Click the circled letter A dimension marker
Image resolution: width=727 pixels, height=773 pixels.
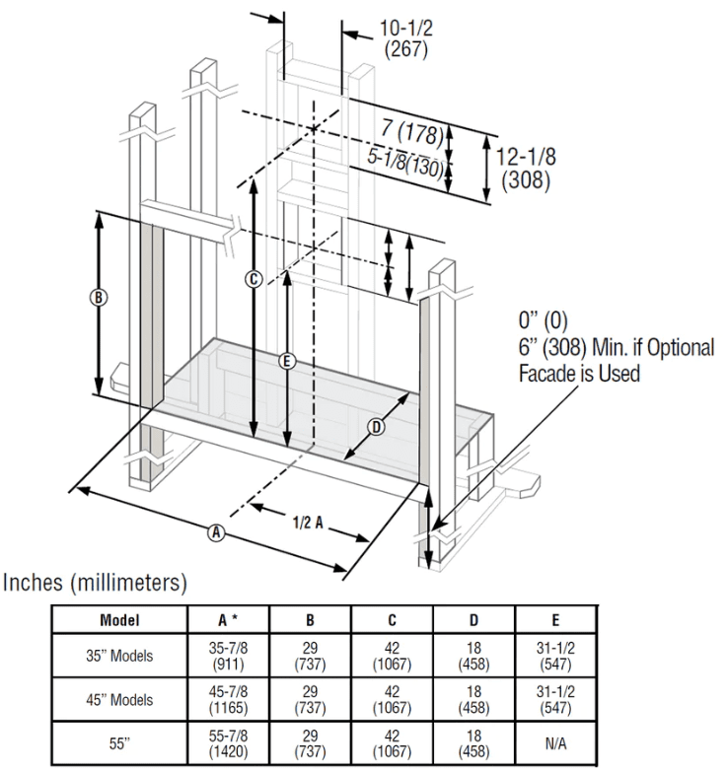pyautogui.click(x=215, y=532)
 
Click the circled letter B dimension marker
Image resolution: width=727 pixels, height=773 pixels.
pyautogui.click(x=99, y=297)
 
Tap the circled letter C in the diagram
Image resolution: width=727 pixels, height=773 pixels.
pyautogui.click(x=254, y=279)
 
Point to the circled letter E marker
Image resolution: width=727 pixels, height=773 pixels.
pyautogui.click(x=287, y=361)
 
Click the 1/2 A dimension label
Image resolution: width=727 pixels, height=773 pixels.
pyautogui.click(x=307, y=523)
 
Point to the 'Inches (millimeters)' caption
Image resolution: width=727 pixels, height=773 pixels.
pyautogui.click(x=96, y=584)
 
